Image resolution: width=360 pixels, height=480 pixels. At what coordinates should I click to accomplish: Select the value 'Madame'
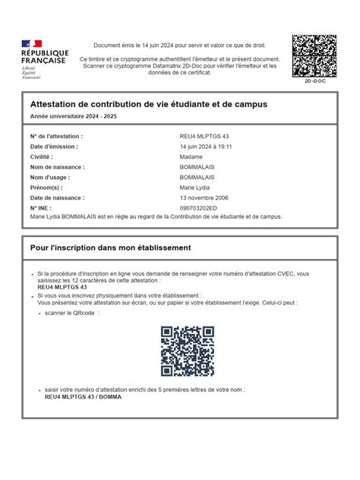(191, 156)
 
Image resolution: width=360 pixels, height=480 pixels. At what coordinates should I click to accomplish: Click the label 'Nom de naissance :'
(58, 166)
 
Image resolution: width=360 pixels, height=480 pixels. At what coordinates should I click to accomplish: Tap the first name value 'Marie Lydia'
(196, 187)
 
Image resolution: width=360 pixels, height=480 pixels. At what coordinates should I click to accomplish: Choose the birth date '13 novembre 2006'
(204, 197)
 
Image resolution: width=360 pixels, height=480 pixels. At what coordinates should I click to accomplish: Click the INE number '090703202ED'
(198, 207)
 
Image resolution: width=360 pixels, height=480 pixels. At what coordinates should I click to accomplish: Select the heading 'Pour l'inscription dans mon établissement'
(110, 248)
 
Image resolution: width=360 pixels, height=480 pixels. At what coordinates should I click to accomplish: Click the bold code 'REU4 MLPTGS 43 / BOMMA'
(83, 396)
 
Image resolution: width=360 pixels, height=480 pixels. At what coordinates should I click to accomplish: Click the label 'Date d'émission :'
(54, 147)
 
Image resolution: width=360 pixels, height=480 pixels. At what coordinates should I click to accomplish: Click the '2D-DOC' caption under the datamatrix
(314, 80)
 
